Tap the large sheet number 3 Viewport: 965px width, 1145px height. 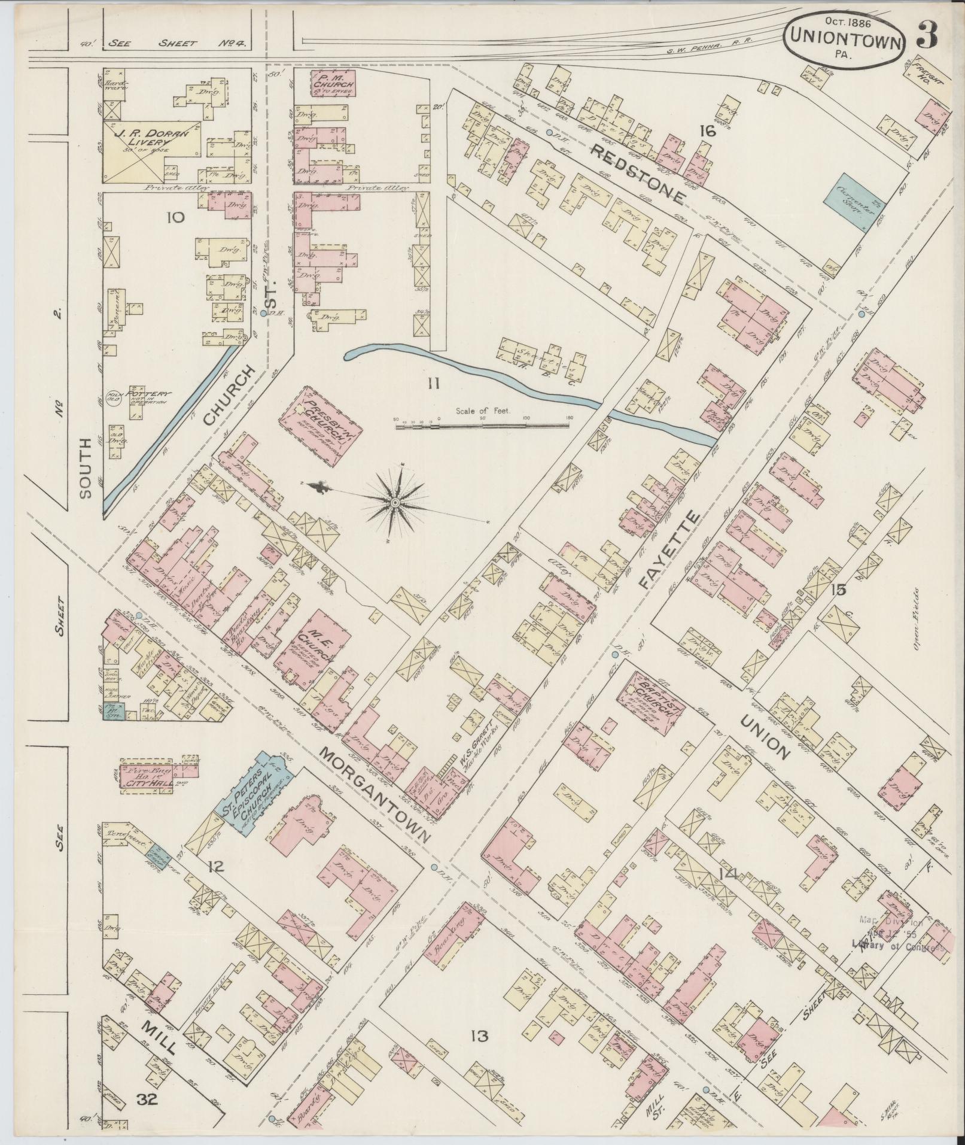click(928, 35)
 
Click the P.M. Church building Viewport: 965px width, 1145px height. click(334, 83)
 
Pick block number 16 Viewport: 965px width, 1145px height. click(707, 130)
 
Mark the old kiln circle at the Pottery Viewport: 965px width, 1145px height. click(114, 397)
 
